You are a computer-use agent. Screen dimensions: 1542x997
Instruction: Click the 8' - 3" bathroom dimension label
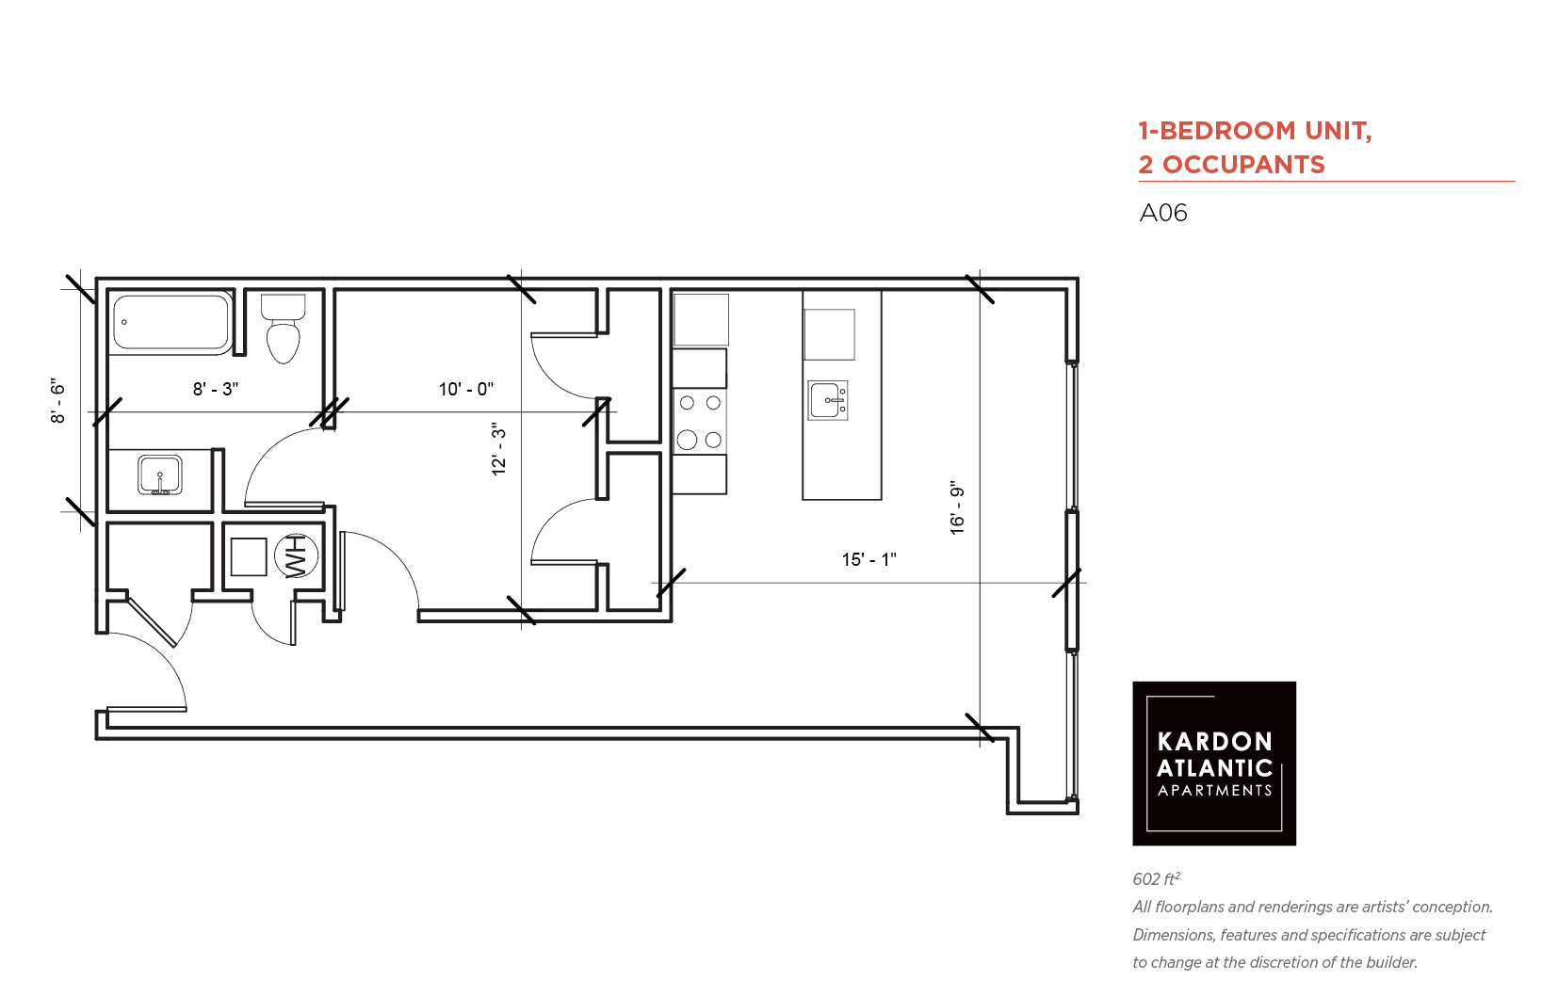216,390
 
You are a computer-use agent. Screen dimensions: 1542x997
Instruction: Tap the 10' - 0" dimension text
466,390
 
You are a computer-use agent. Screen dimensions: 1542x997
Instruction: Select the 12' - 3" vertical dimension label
499,449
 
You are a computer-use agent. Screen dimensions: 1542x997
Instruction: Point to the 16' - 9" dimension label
958,507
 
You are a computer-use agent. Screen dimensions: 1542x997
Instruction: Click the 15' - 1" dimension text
868,559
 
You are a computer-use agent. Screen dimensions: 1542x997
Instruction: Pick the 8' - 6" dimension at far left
57,400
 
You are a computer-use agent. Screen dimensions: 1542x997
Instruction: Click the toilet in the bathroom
283,329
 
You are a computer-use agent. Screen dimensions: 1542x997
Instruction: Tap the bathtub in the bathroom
171,322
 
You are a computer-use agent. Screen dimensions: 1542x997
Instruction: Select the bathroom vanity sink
160,474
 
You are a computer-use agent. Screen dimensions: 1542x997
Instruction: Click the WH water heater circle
296,556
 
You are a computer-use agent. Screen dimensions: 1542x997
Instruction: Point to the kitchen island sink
827,400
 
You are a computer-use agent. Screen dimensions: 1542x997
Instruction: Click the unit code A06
1163,214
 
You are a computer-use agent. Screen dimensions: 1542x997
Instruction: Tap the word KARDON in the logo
1214,742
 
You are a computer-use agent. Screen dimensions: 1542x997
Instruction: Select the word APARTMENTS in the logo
1214,791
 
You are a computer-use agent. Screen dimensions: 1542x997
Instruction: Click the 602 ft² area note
1157,878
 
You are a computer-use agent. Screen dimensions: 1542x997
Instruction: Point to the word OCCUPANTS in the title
1244,165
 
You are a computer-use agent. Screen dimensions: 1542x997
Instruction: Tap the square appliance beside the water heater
249,556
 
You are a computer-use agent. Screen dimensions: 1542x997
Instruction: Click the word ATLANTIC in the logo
1214,768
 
